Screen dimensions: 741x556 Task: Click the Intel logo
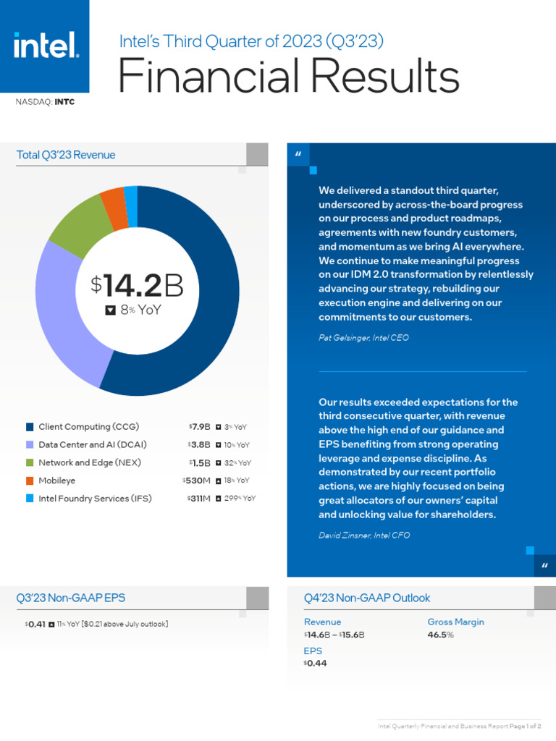pyautogui.click(x=45, y=46)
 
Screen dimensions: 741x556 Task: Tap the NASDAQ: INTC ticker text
pyautogui.click(x=45, y=102)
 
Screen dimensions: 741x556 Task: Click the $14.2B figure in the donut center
pyautogui.click(x=137, y=286)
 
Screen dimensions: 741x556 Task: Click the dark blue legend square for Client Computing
pyautogui.click(x=30, y=427)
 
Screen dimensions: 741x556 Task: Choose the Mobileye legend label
pyautogui.click(x=56, y=480)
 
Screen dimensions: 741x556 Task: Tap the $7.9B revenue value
pyautogui.click(x=199, y=427)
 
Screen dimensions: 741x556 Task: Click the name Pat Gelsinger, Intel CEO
pyautogui.click(x=363, y=338)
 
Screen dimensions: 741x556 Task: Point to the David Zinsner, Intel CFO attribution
pyautogui.click(x=364, y=535)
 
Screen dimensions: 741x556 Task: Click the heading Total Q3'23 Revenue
pyautogui.click(x=66, y=155)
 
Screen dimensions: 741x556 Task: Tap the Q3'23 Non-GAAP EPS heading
pyautogui.click(x=70, y=598)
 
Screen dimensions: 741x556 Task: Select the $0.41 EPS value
pyautogui.click(x=35, y=624)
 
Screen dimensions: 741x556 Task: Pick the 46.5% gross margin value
pyautogui.click(x=440, y=635)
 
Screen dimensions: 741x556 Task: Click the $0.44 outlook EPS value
pyautogui.click(x=316, y=663)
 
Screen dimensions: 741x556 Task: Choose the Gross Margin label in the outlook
pyautogui.click(x=455, y=622)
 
